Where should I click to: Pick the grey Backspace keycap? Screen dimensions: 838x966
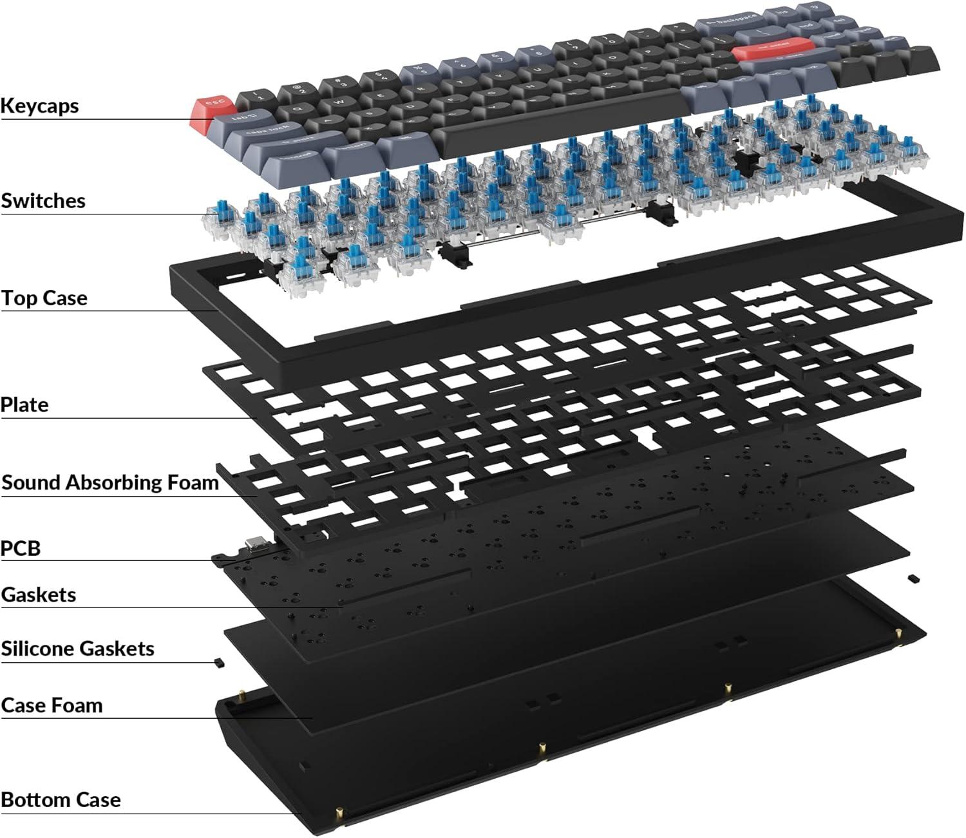pos(728,24)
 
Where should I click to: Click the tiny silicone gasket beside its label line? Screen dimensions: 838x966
pos(218,661)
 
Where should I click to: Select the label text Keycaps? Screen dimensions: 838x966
pos(40,106)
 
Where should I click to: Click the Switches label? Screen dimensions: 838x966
pos(43,201)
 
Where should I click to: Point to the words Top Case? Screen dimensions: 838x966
pos(44,298)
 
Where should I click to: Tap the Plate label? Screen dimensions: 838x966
pos(24,405)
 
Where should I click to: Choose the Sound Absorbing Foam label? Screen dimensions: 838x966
pos(110,482)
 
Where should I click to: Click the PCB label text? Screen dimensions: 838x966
pos(21,549)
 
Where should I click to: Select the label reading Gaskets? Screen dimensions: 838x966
pos(39,595)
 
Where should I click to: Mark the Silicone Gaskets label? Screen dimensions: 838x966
pos(78,649)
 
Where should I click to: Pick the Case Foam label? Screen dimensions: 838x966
pos(52,705)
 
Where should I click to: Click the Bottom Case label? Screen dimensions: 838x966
pos(61,800)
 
